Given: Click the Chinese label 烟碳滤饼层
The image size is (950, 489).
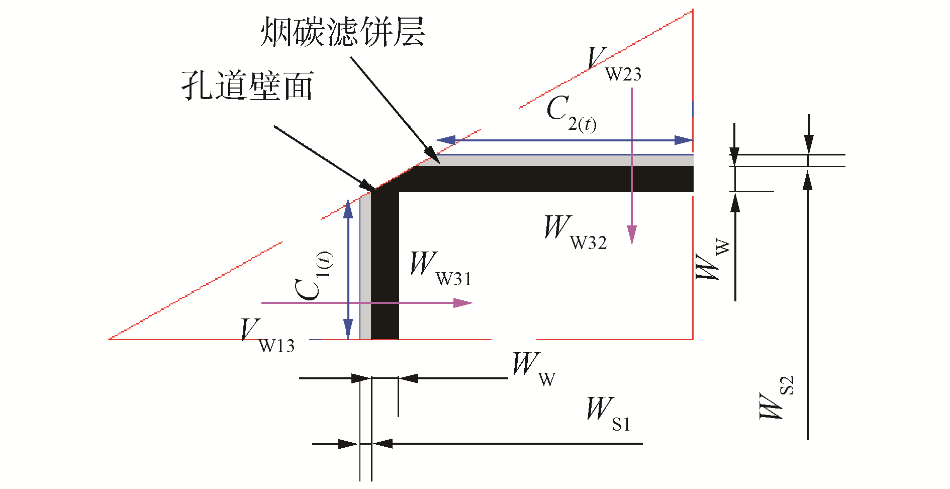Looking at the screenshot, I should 342,32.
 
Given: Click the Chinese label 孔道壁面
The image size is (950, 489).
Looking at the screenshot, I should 248,86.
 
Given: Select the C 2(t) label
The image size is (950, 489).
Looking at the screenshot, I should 571,114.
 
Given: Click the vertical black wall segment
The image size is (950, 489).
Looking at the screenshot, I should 385,267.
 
